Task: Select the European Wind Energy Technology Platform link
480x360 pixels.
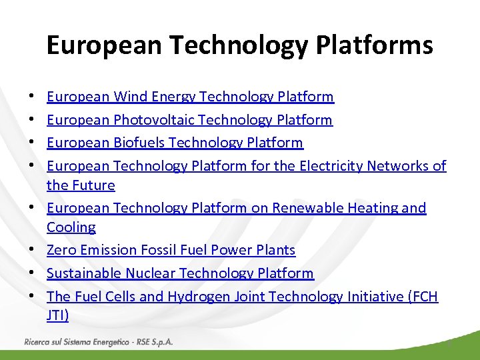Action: point(190,97)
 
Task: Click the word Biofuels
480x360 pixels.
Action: point(139,143)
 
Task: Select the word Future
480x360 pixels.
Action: point(93,185)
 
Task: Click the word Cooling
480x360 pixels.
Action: point(71,227)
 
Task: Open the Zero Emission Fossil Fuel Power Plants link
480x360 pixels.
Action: point(171,250)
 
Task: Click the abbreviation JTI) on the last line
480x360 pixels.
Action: point(58,316)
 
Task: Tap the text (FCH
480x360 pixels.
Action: point(422,297)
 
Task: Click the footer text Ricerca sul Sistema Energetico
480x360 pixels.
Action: point(76,341)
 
